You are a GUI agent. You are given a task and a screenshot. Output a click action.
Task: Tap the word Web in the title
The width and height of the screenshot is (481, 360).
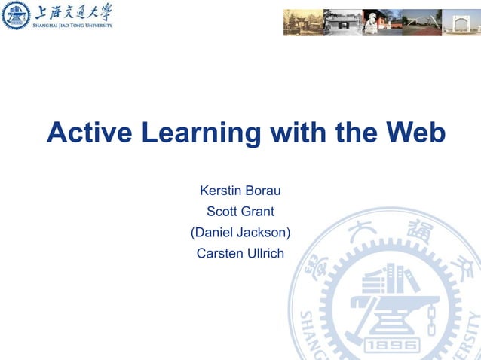415,133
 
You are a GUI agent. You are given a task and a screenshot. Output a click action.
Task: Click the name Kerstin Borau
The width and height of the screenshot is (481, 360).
240,191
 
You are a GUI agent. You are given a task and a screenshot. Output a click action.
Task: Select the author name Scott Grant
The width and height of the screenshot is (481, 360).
240,212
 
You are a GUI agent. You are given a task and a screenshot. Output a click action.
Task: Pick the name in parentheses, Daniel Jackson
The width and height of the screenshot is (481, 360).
240,233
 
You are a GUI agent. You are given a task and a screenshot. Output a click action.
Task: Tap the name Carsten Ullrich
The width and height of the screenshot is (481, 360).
240,254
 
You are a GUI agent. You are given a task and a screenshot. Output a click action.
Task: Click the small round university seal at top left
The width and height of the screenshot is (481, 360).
16,16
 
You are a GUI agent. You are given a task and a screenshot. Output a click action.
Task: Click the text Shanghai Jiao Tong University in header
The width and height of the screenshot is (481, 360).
72,25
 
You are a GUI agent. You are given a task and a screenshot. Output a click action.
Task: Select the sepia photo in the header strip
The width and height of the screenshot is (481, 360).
303,23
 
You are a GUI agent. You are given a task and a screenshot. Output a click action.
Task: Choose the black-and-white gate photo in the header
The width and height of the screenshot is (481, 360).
342,23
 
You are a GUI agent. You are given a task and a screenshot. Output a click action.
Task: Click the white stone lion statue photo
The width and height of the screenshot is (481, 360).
381,23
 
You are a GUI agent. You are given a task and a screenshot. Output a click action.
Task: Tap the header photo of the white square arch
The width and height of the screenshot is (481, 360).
461,23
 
